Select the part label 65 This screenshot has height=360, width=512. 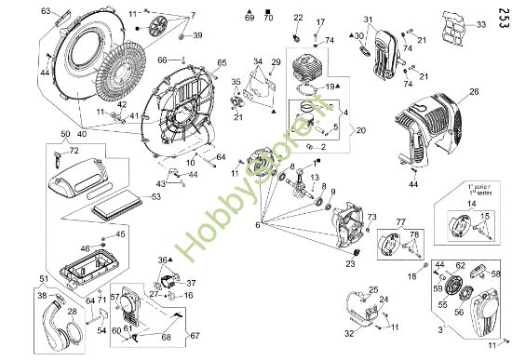click(222, 63)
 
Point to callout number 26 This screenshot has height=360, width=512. click(474, 92)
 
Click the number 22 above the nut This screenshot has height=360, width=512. click(299, 18)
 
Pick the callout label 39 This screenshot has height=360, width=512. click(198, 35)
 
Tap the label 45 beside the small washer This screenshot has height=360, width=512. click(120, 233)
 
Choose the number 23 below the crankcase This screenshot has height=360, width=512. click(352, 264)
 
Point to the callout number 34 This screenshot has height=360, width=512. click(258, 61)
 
